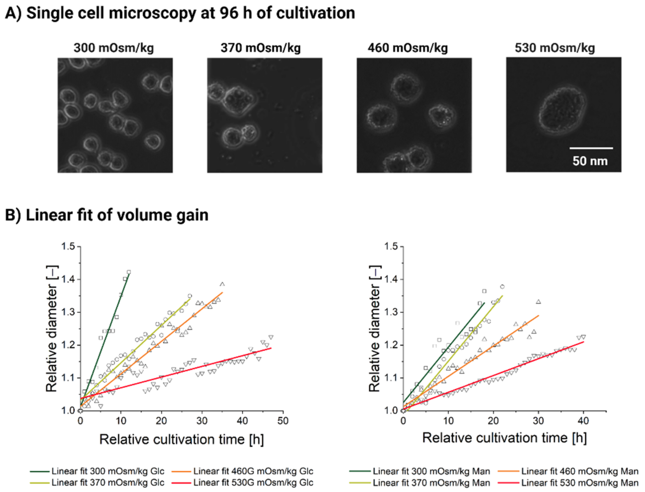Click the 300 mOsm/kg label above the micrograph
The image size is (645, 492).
tap(114, 48)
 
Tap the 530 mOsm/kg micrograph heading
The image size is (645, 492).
tap(555, 48)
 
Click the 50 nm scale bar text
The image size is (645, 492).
tap(590, 161)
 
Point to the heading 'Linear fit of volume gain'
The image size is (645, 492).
tap(107, 215)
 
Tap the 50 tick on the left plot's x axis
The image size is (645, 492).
tap(283, 421)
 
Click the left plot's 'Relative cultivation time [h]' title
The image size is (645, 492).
tap(182, 439)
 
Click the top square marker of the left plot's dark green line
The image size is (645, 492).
tap(128, 272)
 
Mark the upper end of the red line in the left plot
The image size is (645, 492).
tap(271, 348)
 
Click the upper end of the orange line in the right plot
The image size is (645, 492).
tap(539, 315)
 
